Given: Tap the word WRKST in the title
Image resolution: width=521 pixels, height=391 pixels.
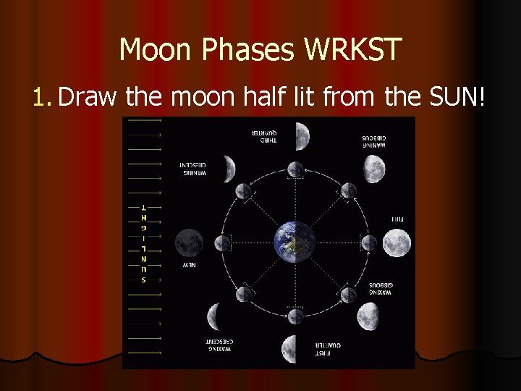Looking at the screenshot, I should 354,50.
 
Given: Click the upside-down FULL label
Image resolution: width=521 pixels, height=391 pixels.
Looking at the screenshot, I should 397,218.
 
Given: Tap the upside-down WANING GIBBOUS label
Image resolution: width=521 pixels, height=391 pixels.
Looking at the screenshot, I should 376,142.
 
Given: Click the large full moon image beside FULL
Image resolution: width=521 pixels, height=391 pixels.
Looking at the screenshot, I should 397,243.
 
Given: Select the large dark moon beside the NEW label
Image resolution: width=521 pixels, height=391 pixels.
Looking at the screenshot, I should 189,242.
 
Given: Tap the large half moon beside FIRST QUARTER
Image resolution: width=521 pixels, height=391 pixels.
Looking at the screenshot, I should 289,349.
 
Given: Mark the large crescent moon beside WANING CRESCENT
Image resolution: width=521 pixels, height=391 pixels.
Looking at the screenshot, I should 227,169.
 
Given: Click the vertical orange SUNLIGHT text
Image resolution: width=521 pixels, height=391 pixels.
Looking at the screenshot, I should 143,242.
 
